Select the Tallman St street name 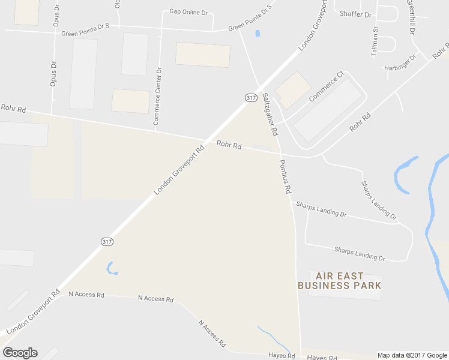click(375, 41)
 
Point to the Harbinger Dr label click(400, 64)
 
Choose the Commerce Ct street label click(326, 87)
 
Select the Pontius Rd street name click(285, 176)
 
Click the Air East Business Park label click(339, 281)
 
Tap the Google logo click(20, 353)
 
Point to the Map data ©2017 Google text click(412, 355)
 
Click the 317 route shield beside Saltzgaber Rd click(251, 97)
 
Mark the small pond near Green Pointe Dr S click(258, 34)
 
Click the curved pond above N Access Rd click(110, 268)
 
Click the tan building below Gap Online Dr click(202, 55)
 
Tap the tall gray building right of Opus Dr click(83, 74)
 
